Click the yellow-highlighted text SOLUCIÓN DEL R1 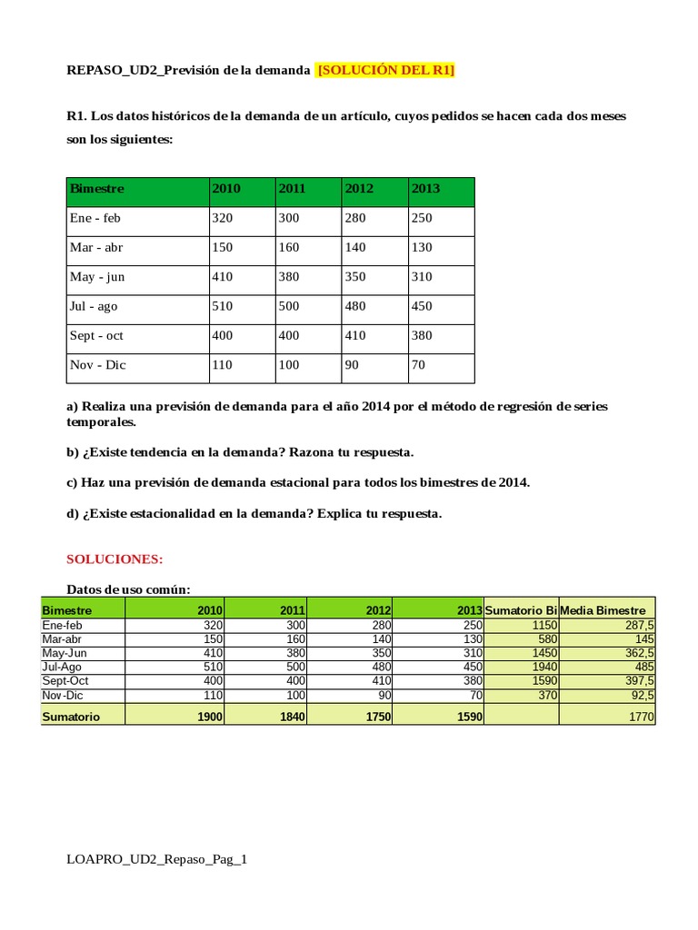[385, 72]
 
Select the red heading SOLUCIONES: [115, 559]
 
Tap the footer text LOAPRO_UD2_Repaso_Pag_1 [157, 859]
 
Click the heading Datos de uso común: [129, 589]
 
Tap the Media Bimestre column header [603, 610]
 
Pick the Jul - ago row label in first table [93, 306]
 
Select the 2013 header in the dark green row [425, 189]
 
